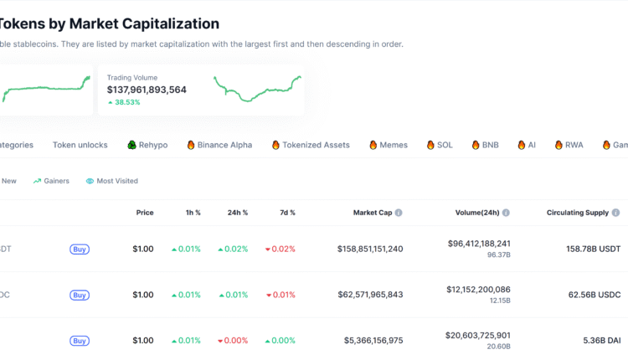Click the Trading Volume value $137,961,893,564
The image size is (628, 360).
click(x=147, y=90)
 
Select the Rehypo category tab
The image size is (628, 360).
click(x=147, y=145)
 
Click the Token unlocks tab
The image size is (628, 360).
click(x=80, y=145)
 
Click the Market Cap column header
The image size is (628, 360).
click(x=373, y=213)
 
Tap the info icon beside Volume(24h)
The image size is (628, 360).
click(x=507, y=213)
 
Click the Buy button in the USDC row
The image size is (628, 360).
click(x=80, y=295)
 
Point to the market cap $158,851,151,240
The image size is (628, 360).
click(x=370, y=249)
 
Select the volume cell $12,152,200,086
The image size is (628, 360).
click(x=479, y=290)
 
